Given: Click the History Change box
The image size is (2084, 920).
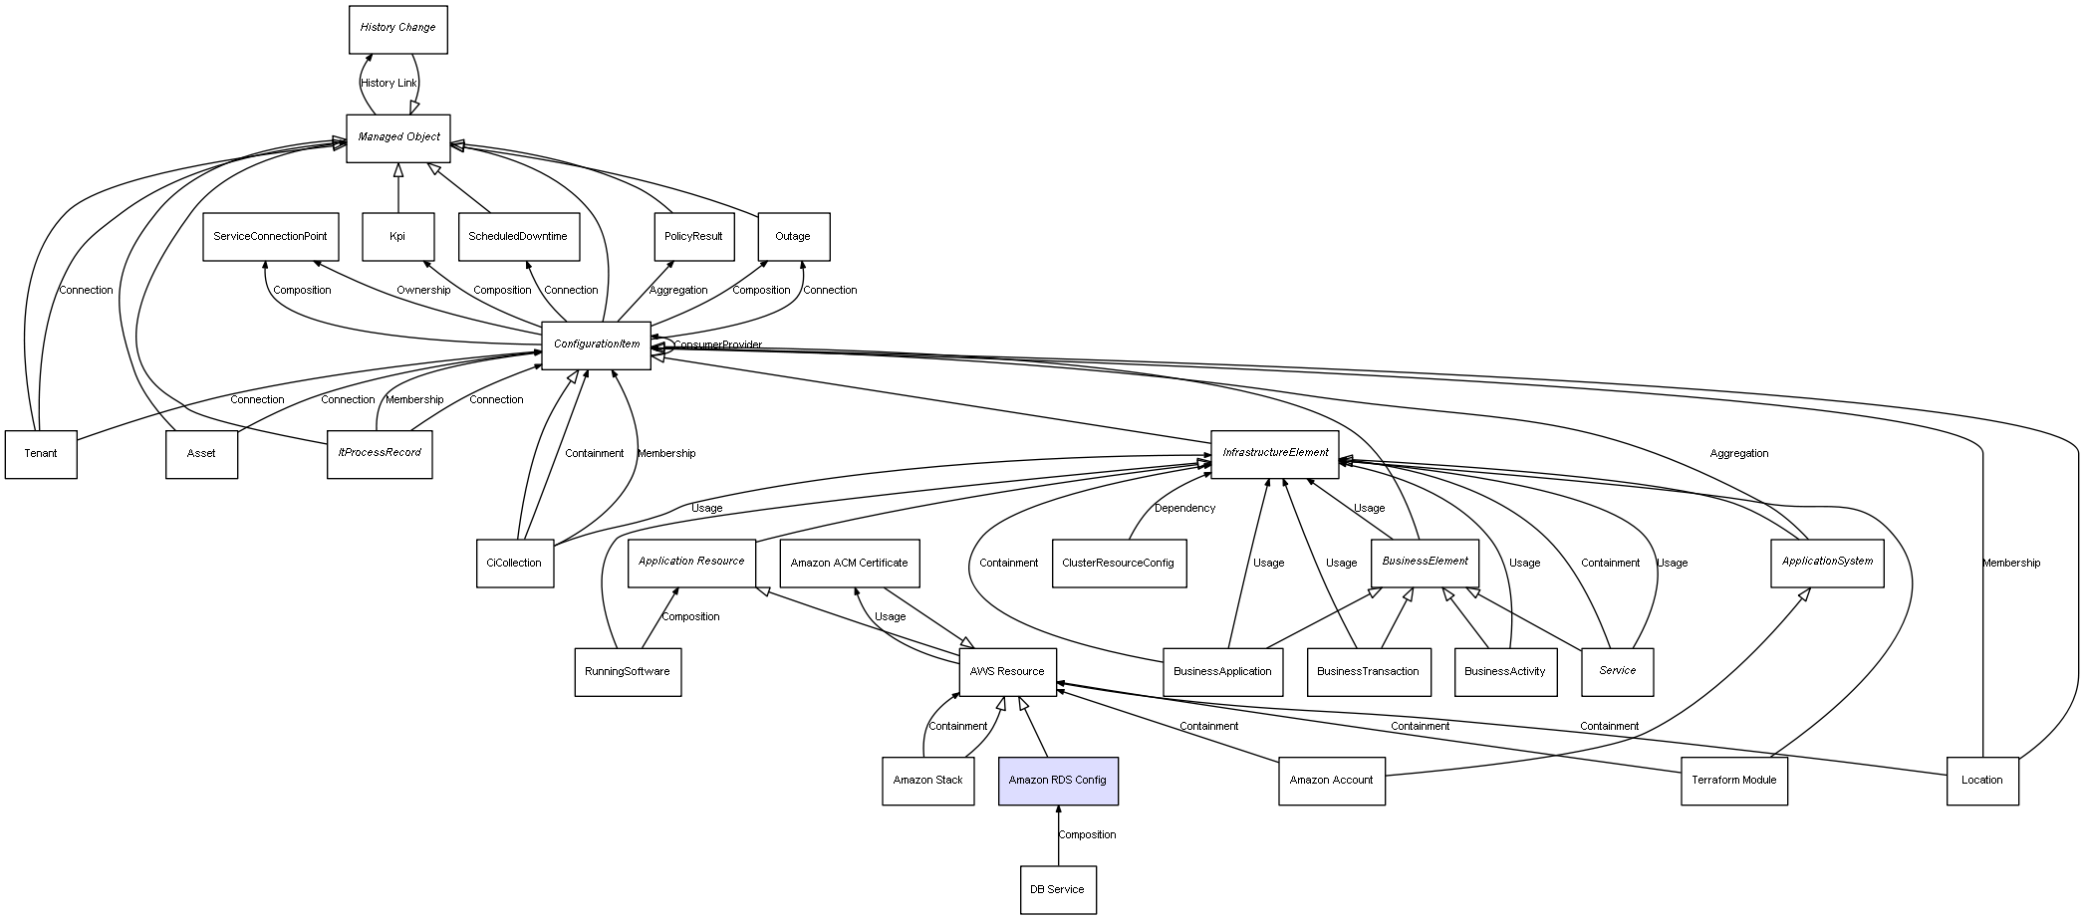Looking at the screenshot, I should pos(397,29).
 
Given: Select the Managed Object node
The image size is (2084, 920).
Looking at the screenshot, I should pos(397,137).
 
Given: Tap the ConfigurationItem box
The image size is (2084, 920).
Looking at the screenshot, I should pos(596,345).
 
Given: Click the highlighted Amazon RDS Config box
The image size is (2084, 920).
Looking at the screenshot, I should pos(1058,781).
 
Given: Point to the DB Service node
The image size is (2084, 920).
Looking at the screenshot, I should pos(1057,889).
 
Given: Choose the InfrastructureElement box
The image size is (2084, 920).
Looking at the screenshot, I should pos(1274,453).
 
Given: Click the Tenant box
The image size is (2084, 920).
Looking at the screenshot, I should pos(41,454).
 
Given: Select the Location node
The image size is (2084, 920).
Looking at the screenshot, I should pos(1981,781).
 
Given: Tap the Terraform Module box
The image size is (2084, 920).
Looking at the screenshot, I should pos(1733,781).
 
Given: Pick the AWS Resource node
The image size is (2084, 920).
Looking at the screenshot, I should pos(1006,672).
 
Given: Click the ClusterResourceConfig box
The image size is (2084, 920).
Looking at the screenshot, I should pos(1118,564).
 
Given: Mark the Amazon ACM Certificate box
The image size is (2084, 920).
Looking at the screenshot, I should pos(849,564).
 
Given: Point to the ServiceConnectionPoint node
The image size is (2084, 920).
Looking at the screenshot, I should pos(270,237).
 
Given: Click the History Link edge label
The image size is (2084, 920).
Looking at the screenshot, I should pos(389,84).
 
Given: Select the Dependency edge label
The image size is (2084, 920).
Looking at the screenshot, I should pos(1184,509).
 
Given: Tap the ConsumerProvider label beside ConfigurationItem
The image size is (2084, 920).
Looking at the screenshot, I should pos(717,345).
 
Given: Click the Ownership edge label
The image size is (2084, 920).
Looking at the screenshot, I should pos(423,291).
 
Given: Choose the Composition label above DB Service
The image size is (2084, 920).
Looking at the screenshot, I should pos(1087,835).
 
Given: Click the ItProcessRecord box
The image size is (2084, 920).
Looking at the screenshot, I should pos(380,454).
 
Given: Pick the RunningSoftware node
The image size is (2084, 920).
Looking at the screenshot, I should pos(627,672).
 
